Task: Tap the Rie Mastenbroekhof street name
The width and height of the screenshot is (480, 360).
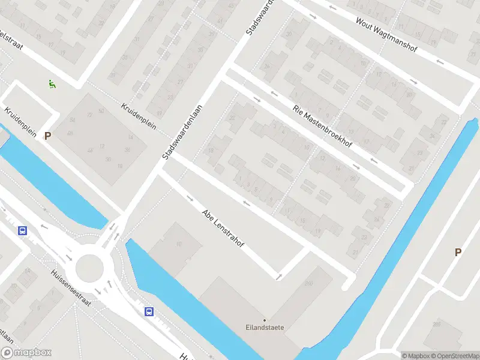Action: tap(322, 127)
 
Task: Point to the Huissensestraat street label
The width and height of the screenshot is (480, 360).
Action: tap(71, 287)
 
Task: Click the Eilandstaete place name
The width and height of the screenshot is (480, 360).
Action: tap(265, 328)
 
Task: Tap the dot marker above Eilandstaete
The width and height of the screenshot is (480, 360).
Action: tap(265, 320)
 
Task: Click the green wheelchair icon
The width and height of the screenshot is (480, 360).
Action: tap(52, 85)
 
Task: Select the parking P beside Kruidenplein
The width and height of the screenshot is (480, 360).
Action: tap(47, 136)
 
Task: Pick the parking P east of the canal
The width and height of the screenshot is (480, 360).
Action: tap(458, 253)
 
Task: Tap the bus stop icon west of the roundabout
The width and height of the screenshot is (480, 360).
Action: tap(23, 230)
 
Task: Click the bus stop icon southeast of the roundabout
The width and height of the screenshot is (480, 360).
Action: tap(148, 311)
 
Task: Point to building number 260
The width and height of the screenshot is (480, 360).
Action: tap(309, 283)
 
